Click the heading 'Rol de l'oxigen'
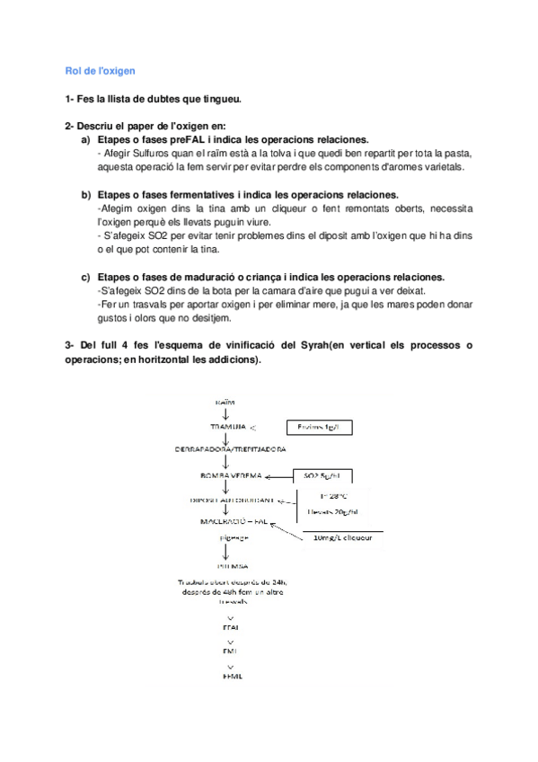99,71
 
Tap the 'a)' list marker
86,140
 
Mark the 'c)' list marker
86,277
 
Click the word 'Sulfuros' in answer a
149,154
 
